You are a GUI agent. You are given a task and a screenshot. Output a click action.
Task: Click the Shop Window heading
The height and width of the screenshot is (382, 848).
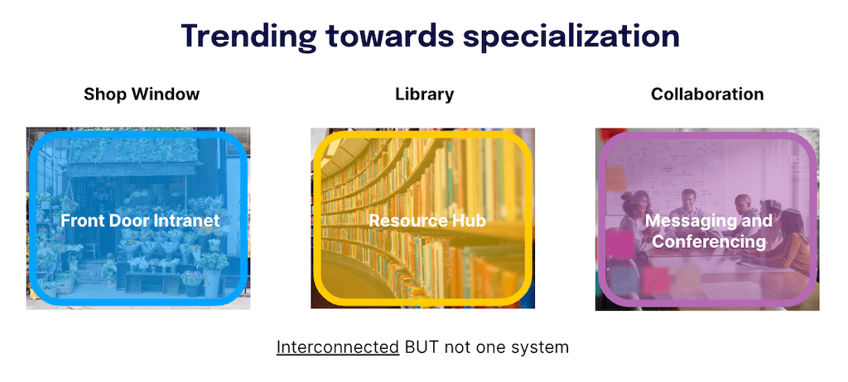[x=142, y=94]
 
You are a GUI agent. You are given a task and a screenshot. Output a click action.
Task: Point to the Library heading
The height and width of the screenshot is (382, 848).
[x=424, y=94]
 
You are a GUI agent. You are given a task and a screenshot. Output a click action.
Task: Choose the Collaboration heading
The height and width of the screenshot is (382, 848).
[x=707, y=94]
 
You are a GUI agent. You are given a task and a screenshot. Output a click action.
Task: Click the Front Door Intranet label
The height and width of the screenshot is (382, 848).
[x=140, y=220]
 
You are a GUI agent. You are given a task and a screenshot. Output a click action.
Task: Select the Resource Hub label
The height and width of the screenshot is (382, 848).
[x=426, y=221]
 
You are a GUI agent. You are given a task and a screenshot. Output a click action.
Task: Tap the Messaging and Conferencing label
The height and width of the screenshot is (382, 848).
[x=708, y=231]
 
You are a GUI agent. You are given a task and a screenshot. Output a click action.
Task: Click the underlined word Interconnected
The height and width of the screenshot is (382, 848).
[x=337, y=346]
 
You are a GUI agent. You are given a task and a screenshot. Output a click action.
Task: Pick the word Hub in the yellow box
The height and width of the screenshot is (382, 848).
[x=469, y=221]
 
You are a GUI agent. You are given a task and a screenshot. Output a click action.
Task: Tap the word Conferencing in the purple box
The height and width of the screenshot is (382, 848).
[x=708, y=242]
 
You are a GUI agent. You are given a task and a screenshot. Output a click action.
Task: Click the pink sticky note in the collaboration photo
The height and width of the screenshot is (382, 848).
[x=619, y=246]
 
